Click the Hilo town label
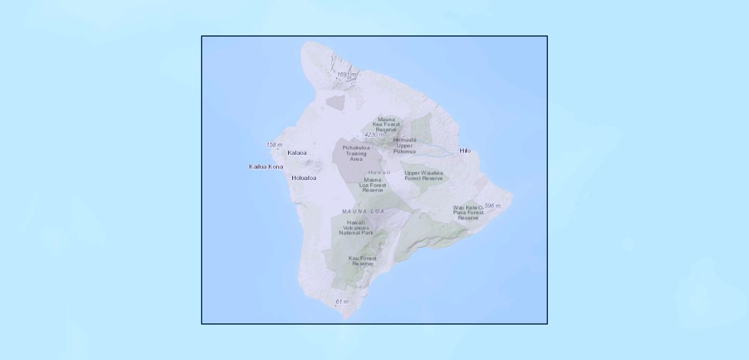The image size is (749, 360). (x=465, y=151)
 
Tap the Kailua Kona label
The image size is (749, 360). (x=266, y=166)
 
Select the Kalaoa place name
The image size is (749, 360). (x=297, y=152)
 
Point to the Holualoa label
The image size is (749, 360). (x=304, y=178)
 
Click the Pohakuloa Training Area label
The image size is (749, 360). (x=355, y=153)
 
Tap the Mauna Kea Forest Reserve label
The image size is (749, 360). (x=387, y=124)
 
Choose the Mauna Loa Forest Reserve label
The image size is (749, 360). (x=373, y=185)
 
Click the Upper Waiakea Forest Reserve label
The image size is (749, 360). (x=424, y=175)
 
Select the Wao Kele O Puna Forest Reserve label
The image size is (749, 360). (x=468, y=212)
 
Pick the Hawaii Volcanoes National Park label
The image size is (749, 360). (x=356, y=227)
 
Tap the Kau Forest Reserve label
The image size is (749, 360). (x=362, y=261)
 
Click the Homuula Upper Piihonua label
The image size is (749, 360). (x=405, y=145)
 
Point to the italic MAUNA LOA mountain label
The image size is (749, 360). (x=363, y=211)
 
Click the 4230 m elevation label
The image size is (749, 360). (x=374, y=135)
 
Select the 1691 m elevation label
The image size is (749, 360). (x=347, y=74)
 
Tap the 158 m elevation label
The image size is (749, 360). (x=274, y=145)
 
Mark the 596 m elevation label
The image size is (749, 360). (x=492, y=206)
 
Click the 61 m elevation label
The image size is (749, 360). (x=342, y=301)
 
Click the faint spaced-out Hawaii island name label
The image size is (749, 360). (x=379, y=172)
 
